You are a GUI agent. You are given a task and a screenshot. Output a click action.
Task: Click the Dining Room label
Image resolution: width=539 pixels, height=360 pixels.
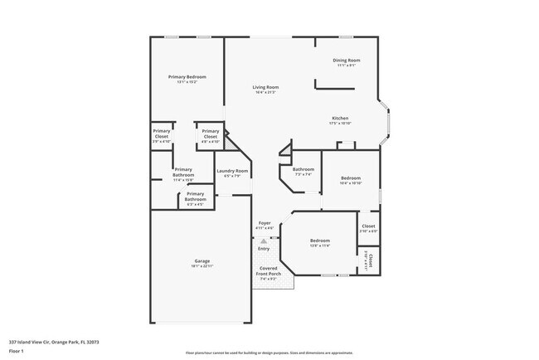[347, 60]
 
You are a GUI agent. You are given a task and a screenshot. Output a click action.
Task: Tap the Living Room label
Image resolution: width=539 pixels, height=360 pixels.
[265, 87]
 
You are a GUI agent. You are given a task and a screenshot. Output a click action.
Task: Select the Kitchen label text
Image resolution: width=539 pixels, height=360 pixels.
[340, 118]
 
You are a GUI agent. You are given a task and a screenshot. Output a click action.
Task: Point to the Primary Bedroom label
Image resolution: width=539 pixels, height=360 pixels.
[187, 76]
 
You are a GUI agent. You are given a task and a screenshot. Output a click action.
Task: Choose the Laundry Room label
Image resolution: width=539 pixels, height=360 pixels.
[232, 171]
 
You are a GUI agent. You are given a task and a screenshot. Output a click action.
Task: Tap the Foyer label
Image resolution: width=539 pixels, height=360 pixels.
[265, 223]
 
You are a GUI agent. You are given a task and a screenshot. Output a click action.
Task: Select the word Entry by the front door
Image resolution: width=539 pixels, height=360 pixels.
[264, 249]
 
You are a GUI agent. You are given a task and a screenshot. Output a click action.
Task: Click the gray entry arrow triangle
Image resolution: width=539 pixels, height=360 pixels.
[264, 241]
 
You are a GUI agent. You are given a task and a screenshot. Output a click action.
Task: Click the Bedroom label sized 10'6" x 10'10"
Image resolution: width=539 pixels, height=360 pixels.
[351, 178]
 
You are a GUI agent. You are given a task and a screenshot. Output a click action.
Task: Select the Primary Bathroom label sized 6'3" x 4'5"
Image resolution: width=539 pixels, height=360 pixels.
[195, 197]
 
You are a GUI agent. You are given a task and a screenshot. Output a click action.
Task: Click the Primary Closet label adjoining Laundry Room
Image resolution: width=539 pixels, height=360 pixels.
[211, 134]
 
